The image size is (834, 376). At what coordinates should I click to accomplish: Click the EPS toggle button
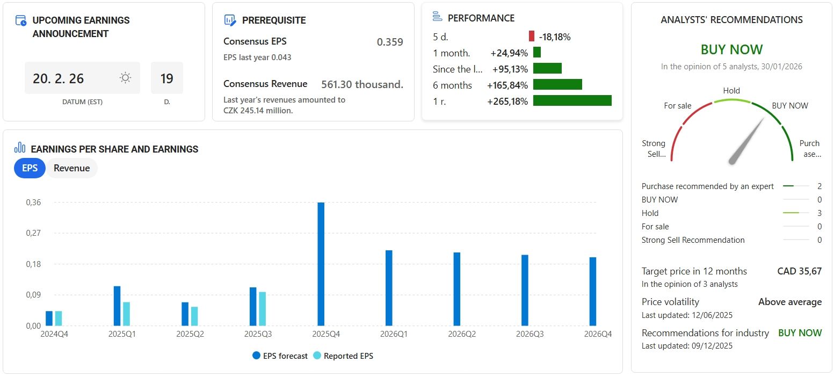(x=30, y=168)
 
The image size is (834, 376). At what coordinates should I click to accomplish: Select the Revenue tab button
(x=71, y=168)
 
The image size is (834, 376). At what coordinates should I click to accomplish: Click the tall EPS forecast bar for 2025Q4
(x=321, y=264)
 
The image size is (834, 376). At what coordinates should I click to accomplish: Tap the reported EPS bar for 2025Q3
(x=263, y=308)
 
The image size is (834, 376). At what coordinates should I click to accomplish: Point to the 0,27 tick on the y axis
(x=33, y=233)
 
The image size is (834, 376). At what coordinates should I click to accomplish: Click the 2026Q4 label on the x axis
(x=598, y=334)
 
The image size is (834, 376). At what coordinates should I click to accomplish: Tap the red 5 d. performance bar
(x=532, y=37)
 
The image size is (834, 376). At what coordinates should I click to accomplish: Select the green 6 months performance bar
(x=557, y=85)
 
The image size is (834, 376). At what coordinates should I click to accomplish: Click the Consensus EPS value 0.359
(x=390, y=42)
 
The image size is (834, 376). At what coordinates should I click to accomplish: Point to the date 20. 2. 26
(x=59, y=78)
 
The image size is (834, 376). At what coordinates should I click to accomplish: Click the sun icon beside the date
(x=125, y=78)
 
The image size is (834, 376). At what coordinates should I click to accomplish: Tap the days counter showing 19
(x=166, y=78)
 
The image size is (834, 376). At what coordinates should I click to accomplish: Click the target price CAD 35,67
(x=799, y=271)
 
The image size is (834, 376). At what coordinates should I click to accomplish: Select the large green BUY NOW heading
(x=731, y=49)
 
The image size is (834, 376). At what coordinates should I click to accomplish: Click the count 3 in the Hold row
(x=820, y=213)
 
